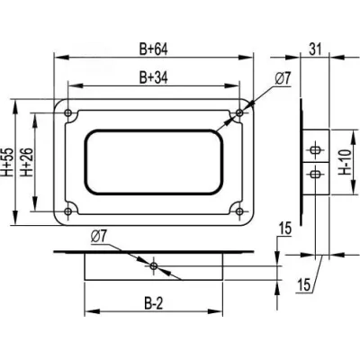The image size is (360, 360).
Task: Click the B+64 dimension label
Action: click(x=153, y=49)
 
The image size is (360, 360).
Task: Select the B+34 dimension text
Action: click(x=153, y=78)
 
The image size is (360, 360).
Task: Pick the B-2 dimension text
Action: click(x=154, y=304)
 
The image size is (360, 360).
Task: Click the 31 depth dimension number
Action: click(x=315, y=49)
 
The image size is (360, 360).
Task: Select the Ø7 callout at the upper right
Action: click(x=283, y=79)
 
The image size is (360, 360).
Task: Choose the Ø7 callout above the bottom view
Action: click(x=98, y=237)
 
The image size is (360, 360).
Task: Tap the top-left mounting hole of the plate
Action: click(x=68, y=113)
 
